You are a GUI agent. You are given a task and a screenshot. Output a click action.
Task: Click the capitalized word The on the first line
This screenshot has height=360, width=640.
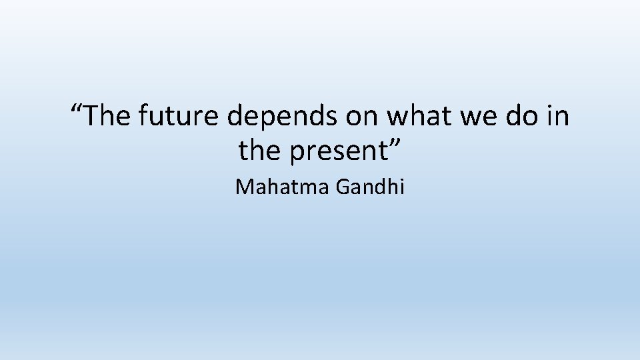[111, 117]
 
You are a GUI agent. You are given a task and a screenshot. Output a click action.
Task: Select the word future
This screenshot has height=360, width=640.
[179, 117]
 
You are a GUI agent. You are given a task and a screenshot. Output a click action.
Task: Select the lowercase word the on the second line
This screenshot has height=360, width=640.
[257, 151]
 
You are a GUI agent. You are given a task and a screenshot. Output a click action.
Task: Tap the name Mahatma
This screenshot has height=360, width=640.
[283, 187]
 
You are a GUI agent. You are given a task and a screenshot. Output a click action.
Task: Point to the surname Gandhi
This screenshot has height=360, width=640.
[371, 187]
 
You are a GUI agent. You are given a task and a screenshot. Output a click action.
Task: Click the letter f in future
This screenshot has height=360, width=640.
[143, 117]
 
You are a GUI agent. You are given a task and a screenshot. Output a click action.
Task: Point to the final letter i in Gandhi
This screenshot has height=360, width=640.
[402, 187]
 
